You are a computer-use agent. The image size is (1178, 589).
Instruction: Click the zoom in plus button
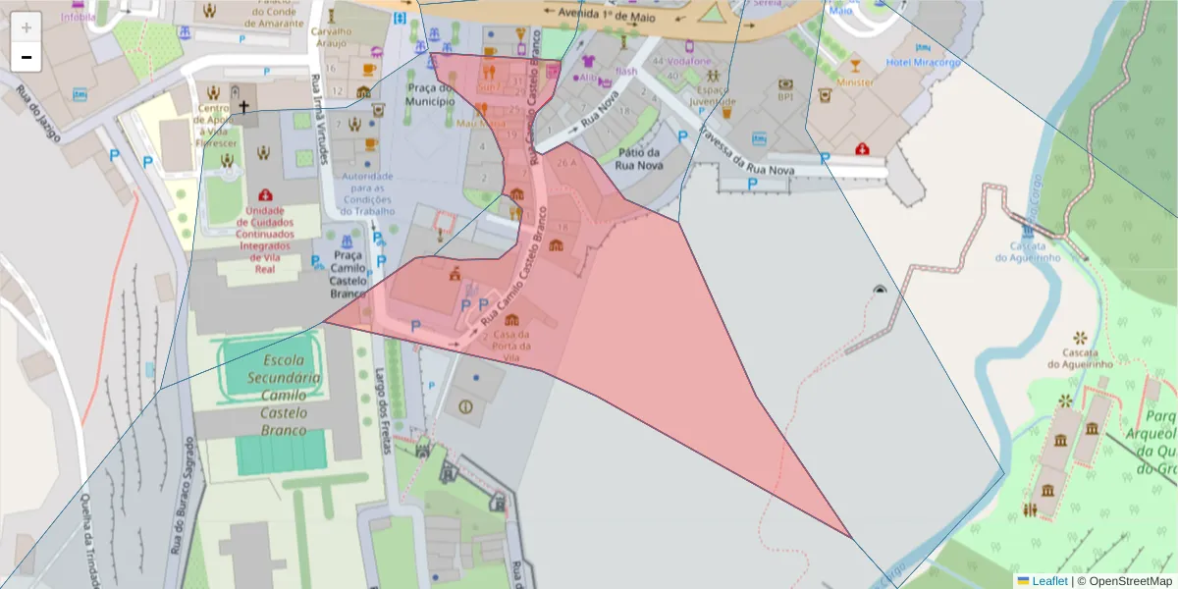point(27,27)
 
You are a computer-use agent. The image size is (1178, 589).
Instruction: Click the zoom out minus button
point(27,57)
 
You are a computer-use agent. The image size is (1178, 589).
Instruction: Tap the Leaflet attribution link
point(1048,581)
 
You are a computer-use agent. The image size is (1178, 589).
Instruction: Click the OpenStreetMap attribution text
point(1126,581)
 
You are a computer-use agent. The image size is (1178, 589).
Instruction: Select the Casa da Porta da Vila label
point(512,340)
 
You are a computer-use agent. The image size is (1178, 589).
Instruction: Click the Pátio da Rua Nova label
point(637,159)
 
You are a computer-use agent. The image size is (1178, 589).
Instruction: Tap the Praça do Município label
point(430,94)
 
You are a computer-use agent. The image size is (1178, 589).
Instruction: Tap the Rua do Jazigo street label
point(38,114)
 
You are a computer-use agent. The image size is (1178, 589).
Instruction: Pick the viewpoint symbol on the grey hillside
point(880,290)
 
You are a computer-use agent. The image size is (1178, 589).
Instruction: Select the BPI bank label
point(785,96)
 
